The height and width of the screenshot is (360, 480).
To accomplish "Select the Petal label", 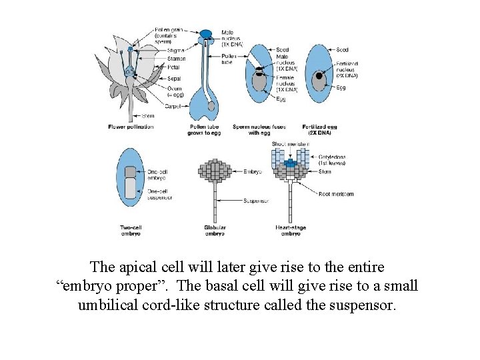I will tap(175, 67).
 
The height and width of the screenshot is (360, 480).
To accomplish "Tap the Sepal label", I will tap(175, 77).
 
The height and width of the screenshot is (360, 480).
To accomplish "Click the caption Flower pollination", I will tap(131, 127).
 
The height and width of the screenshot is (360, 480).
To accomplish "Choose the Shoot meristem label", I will tap(290, 144).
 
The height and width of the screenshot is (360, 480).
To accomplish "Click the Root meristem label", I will tap(336, 194).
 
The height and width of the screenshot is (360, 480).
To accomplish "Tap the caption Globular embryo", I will tap(215, 231).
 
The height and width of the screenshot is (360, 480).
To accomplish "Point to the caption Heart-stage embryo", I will tap(290, 231).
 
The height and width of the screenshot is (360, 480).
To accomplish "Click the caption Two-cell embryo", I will tap(131, 231).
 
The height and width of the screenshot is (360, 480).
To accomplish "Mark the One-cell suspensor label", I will tap(160, 194).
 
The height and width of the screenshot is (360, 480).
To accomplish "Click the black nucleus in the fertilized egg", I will tap(319, 76).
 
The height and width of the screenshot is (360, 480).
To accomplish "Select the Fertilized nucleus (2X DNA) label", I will tap(347, 69).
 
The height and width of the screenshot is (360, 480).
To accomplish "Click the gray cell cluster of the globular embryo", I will tap(215, 171).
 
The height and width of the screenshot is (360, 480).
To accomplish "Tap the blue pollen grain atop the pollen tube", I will tap(207, 33).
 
